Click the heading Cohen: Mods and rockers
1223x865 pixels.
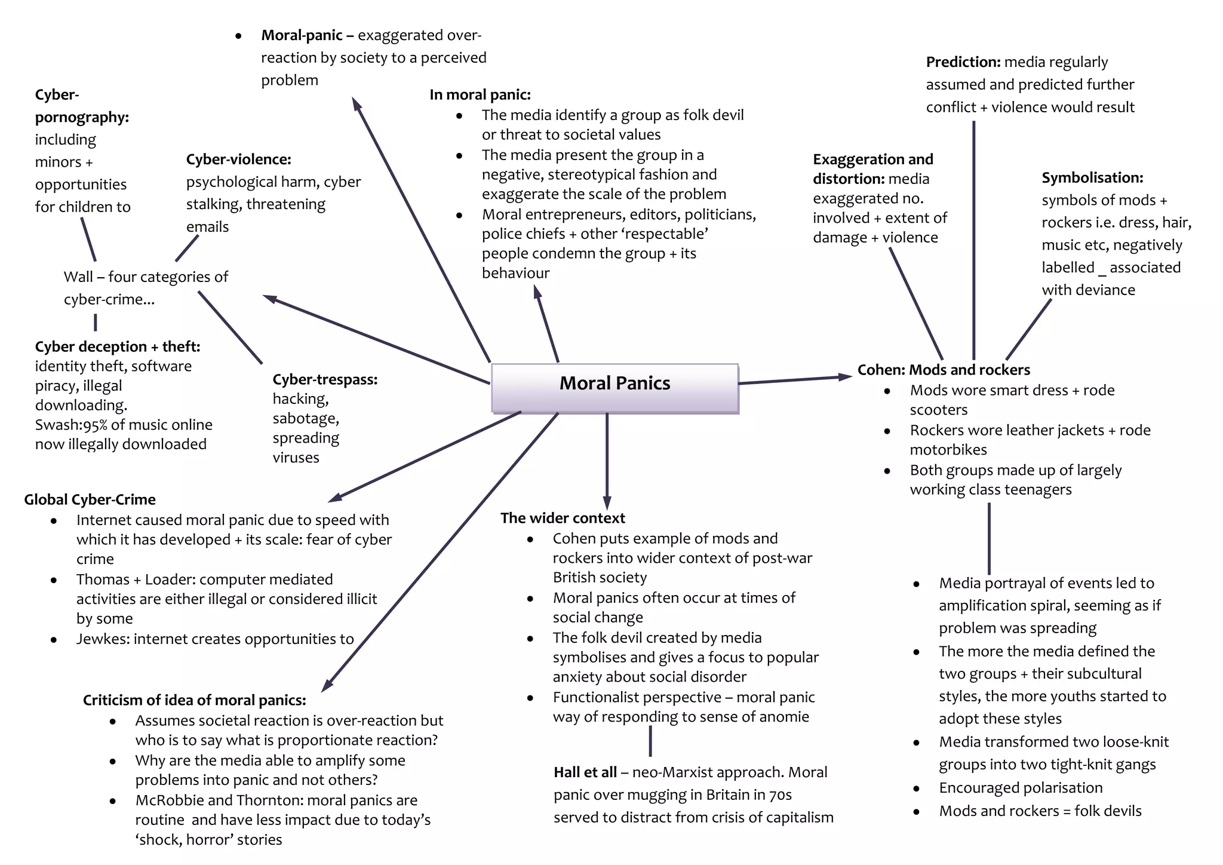(x=943, y=370)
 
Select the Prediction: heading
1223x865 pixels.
(x=963, y=62)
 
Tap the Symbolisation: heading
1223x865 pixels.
(x=1092, y=177)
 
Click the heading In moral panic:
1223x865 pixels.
(x=480, y=94)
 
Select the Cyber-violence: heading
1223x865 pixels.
(x=238, y=159)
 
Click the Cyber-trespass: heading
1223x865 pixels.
(x=324, y=379)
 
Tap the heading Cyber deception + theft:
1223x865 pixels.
(x=117, y=346)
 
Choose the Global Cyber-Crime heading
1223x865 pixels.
(x=90, y=499)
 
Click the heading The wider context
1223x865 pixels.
(x=562, y=518)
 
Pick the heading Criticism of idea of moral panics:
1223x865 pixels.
(x=194, y=700)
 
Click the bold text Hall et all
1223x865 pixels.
(x=585, y=772)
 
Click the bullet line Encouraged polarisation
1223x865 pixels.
(x=1020, y=788)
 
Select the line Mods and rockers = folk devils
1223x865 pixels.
(x=1040, y=811)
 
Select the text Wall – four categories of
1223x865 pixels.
(x=146, y=277)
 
